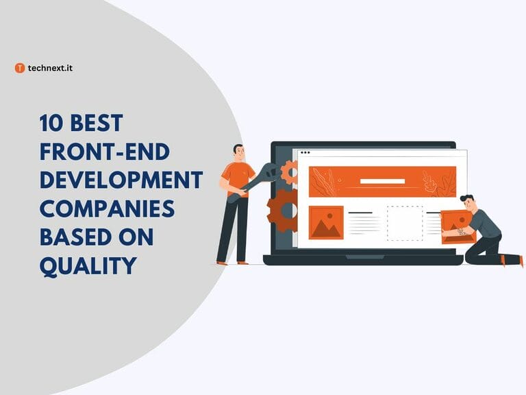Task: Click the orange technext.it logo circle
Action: click(x=20, y=68)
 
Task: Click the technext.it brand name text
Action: click(x=50, y=68)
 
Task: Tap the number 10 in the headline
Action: click(x=51, y=123)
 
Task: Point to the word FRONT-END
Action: click(x=105, y=152)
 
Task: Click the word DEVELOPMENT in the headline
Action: click(x=121, y=180)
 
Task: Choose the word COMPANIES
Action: click(x=106, y=208)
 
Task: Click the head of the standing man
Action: click(x=238, y=152)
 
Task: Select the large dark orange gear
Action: click(x=283, y=209)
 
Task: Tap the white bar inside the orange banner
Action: click(x=382, y=182)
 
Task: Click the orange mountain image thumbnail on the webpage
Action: click(x=326, y=222)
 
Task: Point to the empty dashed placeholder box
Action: click(x=404, y=223)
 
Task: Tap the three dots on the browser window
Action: click(x=305, y=152)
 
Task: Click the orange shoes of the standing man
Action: click(x=231, y=262)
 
